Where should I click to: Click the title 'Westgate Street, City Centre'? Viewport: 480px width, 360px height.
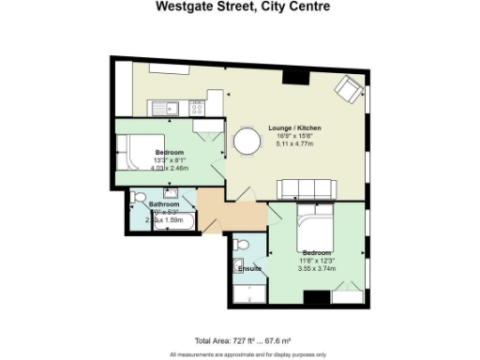coord(240,7)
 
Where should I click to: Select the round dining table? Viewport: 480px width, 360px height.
coord(247,142)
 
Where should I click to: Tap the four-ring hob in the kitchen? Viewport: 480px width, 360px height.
coord(198,107)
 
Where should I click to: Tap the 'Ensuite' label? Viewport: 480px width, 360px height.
coord(250,269)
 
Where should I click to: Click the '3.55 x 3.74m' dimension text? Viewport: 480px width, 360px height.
coord(317,268)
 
